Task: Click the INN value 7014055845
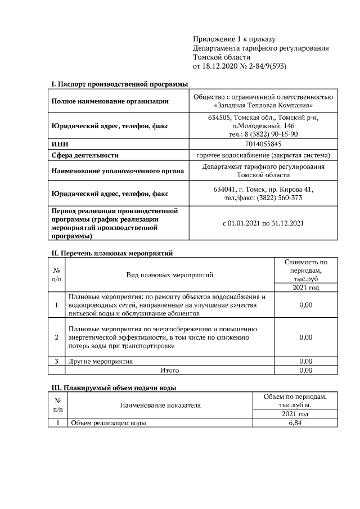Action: pos(263,145)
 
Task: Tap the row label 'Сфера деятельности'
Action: pos(85,155)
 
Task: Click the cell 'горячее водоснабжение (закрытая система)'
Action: pos(263,155)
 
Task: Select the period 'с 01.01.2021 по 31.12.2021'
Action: pos(263,223)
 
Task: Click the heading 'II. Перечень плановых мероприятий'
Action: pos(111,253)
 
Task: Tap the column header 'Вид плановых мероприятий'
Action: pos(169,274)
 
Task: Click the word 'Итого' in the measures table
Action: pos(169,371)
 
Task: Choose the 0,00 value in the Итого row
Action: pos(305,371)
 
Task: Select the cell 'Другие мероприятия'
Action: pos(101,361)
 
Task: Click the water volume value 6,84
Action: pos(295,423)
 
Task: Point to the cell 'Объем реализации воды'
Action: pos(107,423)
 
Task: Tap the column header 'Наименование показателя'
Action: pos(160,404)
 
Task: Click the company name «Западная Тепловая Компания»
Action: pos(263,105)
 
